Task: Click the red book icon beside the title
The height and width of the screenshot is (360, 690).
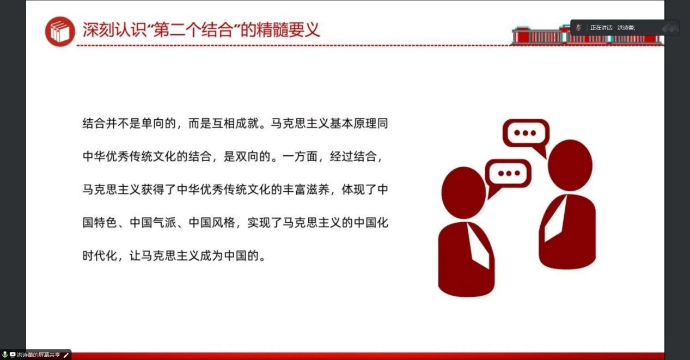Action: pyautogui.click(x=60, y=32)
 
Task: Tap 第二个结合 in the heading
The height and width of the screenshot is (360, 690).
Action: pyautogui.click(x=193, y=30)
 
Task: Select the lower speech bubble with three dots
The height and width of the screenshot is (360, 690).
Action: pyautogui.click(x=508, y=175)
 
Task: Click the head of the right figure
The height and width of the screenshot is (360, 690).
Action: pyautogui.click(x=570, y=166)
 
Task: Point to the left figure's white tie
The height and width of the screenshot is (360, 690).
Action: pyautogui.click(x=478, y=246)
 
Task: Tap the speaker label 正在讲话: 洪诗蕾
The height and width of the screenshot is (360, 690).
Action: pyautogui.click(x=613, y=28)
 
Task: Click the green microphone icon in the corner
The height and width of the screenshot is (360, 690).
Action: pyautogui.click(x=4, y=355)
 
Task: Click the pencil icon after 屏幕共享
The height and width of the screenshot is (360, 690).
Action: pyautogui.click(x=66, y=355)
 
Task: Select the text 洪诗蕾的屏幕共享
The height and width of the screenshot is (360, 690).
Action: pyautogui.click(x=39, y=355)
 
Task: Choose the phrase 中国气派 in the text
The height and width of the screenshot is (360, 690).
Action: pyautogui.click(x=153, y=222)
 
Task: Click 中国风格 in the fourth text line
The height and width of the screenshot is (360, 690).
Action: pyautogui.click(x=212, y=222)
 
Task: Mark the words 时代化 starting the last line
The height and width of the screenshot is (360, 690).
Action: pyautogui.click(x=100, y=255)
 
